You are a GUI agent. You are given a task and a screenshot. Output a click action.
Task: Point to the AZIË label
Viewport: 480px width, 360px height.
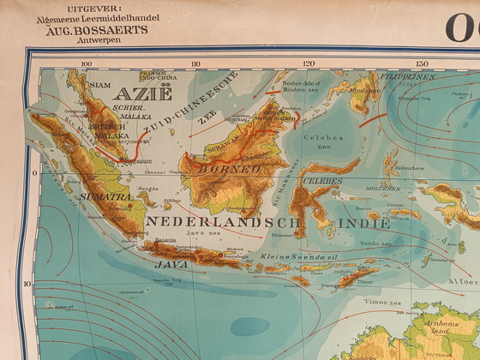pyautogui.click(x=136, y=94)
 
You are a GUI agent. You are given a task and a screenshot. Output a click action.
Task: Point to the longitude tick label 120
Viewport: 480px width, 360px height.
pyautogui.click(x=309, y=63)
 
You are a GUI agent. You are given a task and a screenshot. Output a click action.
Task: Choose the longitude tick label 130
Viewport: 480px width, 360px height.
pyautogui.click(x=421, y=63)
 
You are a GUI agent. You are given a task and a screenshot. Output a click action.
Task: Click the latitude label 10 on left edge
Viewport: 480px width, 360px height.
pyautogui.click(x=26, y=284)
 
